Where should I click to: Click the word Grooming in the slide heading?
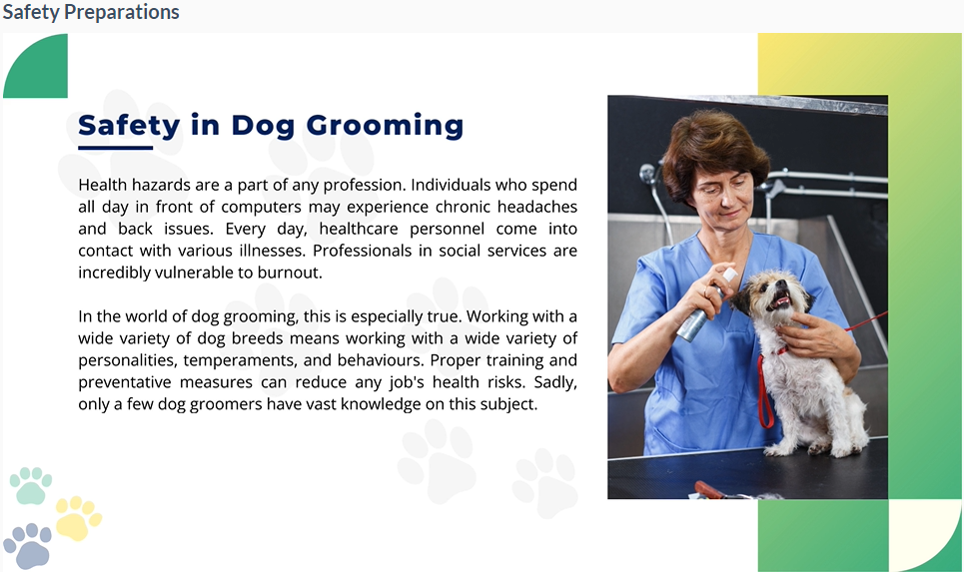click(x=385, y=126)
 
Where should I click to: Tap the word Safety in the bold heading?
click(x=129, y=126)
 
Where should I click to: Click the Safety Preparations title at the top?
click(x=91, y=12)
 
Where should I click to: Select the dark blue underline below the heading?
click(x=116, y=148)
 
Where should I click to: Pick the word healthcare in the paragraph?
click(x=359, y=229)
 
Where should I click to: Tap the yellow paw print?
click(x=77, y=518)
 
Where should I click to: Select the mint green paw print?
click(x=30, y=486)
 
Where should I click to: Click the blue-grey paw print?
click(x=28, y=546)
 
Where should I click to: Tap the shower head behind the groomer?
click(x=647, y=174)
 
